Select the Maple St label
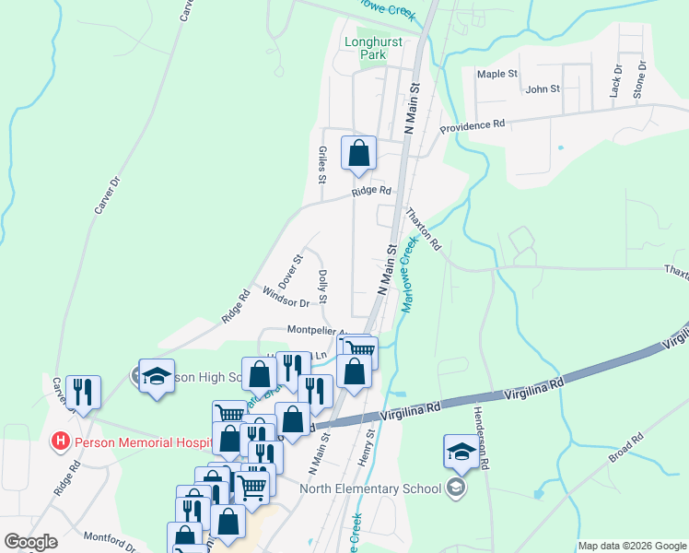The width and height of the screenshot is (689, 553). [x=497, y=73]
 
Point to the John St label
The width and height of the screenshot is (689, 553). [x=543, y=88]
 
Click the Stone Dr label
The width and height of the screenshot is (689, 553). [x=639, y=80]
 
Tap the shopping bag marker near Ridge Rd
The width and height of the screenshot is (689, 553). [x=358, y=153]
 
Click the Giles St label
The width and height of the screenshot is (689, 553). [x=322, y=163]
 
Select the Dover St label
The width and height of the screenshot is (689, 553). [x=290, y=271]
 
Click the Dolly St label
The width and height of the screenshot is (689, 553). [x=322, y=286]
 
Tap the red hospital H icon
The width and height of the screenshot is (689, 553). [x=61, y=441]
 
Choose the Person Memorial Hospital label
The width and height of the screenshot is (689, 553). [x=143, y=441]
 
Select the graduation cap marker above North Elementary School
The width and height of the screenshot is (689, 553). [x=461, y=451]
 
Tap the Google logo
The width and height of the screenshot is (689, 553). [x=29, y=542]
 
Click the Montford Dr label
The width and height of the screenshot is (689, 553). [x=110, y=541]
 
